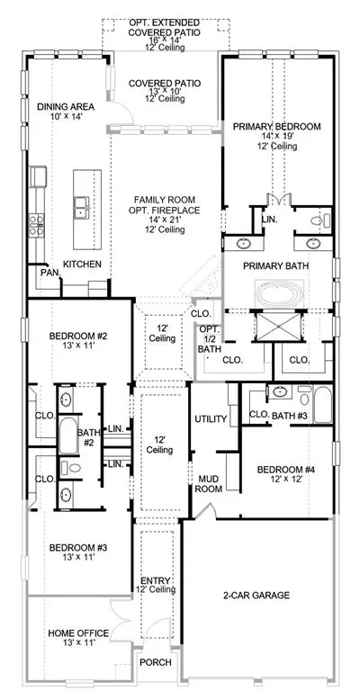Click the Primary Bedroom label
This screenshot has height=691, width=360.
(x=276, y=127)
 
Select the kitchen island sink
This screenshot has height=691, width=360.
(x=82, y=208)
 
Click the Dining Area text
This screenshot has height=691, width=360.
(x=66, y=107)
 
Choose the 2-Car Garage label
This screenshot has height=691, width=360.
(x=256, y=596)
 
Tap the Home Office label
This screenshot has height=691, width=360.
(x=78, y=633)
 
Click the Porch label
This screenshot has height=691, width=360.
(x=156, y=662)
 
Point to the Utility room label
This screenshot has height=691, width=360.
(x=211, y=419)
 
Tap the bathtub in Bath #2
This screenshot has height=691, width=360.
(x=67, y=435)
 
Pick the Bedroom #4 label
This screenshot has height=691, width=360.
(x=286, y=470)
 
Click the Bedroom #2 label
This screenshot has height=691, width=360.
(x=78, y=337)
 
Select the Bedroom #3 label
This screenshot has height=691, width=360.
(x=78, y=548)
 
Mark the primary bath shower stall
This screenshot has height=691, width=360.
(x=279, y=326)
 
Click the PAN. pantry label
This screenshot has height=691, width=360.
(x=49, y=273)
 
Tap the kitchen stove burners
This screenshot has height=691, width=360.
(x=37, y=225)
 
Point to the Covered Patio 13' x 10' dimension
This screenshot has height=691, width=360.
(x=165, y=91)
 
